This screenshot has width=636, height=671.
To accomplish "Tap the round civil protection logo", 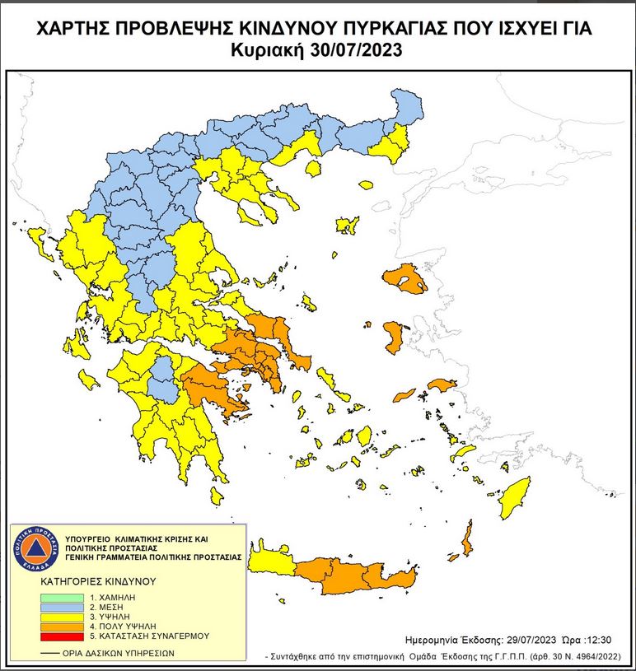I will click(35, 548).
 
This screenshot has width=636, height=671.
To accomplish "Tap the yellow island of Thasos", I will click(313, 169).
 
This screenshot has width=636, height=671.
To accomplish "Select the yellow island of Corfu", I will click(38, 242).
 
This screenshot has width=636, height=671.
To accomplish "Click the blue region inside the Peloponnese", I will click(167, 379).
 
